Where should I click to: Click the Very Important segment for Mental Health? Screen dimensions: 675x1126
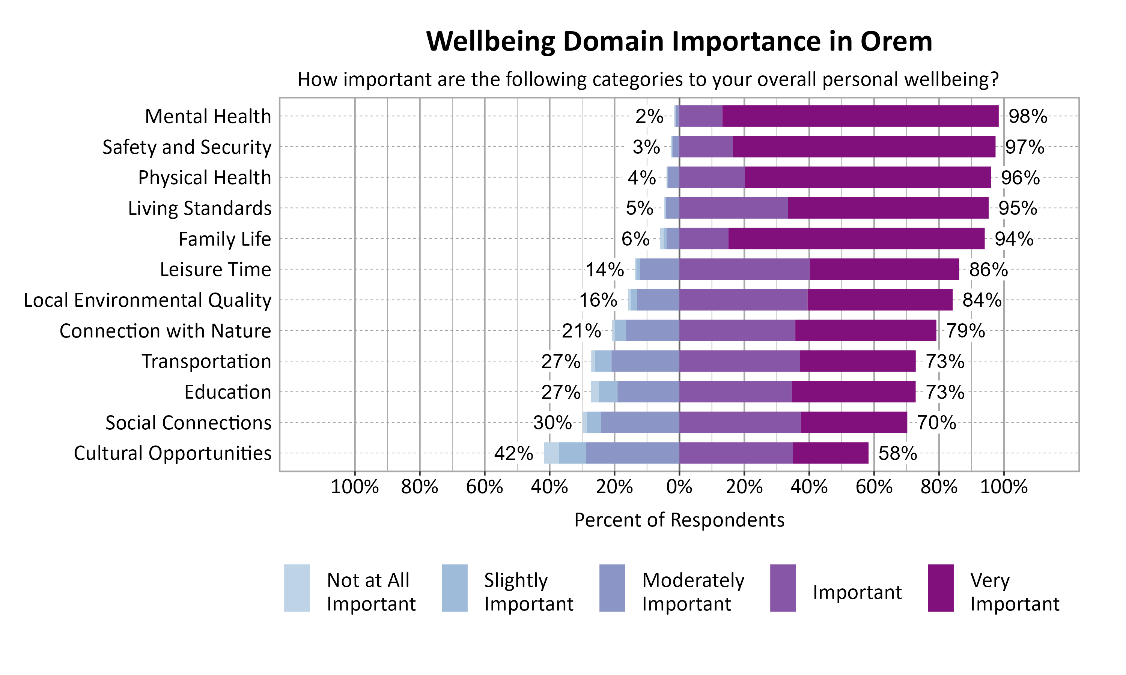click(x=860, y=116)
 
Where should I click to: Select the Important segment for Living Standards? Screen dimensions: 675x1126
click(x=733, y=208)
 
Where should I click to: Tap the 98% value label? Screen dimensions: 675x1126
click(x=1027, y=117)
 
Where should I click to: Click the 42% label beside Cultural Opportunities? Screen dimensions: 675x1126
click(x=513, y=453)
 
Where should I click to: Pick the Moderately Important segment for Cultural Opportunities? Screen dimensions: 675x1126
click(x=633, y=453)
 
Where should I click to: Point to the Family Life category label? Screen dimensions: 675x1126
click(x=224, y=239)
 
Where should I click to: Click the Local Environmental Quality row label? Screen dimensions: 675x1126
click(x=148, y=300)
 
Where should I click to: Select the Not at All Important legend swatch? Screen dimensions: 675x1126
click(x=297, y=588)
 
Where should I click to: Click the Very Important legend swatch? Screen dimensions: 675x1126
click(x=940, y=588)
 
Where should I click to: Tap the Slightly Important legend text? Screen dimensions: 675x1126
click(x=528, y=592)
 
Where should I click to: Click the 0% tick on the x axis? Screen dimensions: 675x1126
click(x=679, y=487)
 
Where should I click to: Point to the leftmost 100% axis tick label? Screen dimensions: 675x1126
click(x=355, y=487)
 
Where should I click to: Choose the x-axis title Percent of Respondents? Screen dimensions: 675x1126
click(x=679, y=520)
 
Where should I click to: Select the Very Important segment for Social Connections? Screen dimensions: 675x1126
click(x=854, y=423)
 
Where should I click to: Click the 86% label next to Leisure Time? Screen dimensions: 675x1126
click(x=988, y=270)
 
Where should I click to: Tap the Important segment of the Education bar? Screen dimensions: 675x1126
click(x=735, y=391)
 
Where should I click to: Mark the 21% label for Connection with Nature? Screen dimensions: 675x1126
click(x=581, y=331)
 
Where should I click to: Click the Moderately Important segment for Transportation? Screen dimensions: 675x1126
click(x=645, y=361)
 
